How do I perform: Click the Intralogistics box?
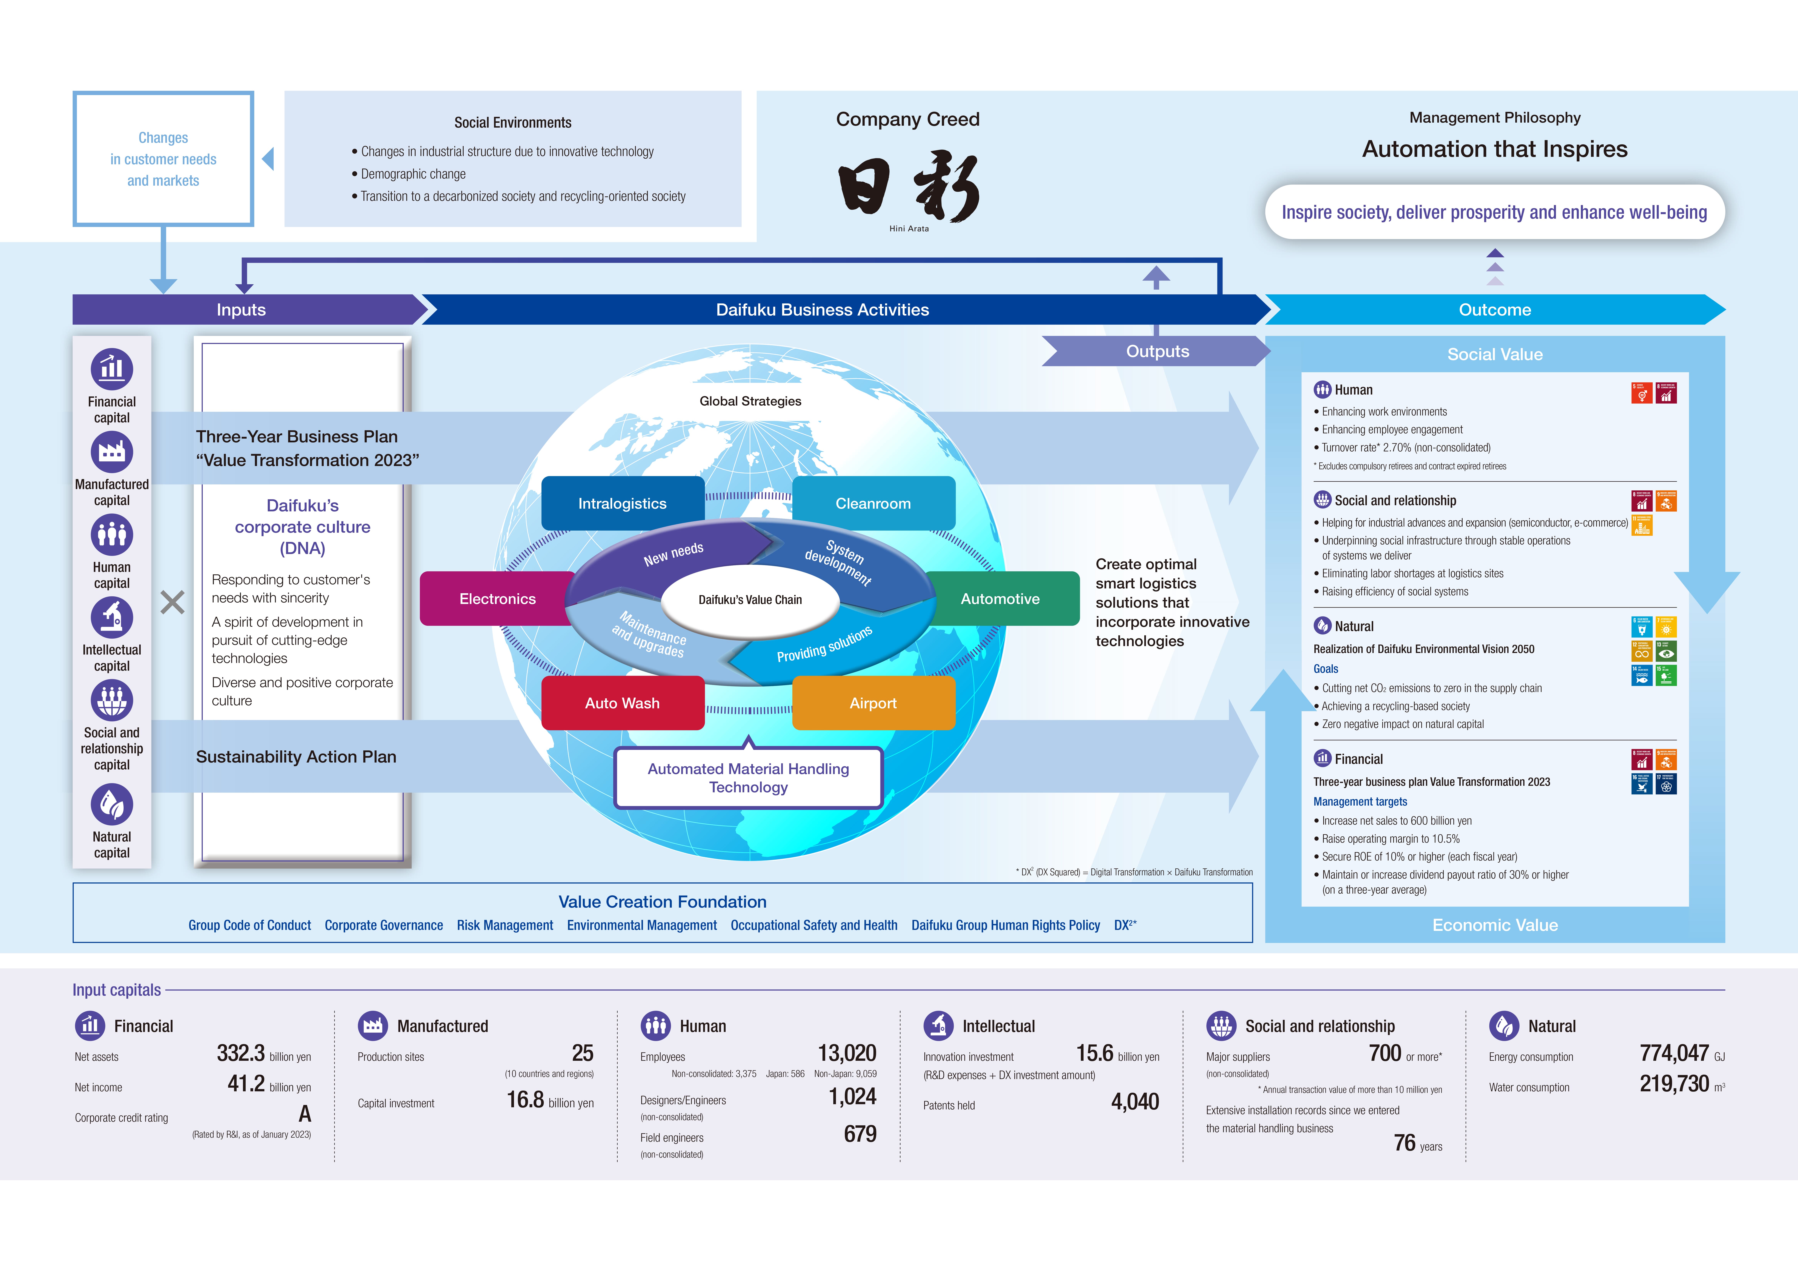click(x=623, y=503)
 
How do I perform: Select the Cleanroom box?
click(x=873, y=503)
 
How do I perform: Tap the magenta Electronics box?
click(x=497, y=599)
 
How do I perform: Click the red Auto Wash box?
click(x=623, y=703)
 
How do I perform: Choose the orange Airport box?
click(x=873, y=703)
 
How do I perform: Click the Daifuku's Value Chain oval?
click(x=750, y=600)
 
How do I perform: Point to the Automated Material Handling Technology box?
click(x=749, y=778)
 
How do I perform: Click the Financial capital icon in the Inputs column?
click(x=112, y=369)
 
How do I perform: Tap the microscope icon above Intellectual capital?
click(x=112, y=618)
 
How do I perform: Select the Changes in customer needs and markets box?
click(x=164, y=159)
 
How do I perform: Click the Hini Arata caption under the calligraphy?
click(x=908, y=229)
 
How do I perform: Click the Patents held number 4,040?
click(x=1135, y=1102)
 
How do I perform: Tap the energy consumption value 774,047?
click(x=1674, y=1053)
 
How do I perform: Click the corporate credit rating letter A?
click(x=305, y=1114)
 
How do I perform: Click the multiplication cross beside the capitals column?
click(x=172, y=602)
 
